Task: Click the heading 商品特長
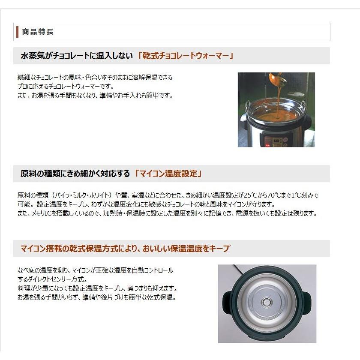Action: coord(38,32)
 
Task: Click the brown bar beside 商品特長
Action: coord(17,32)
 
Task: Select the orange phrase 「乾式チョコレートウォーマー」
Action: coord(186,56)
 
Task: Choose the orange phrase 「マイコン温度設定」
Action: coord(168,174)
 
